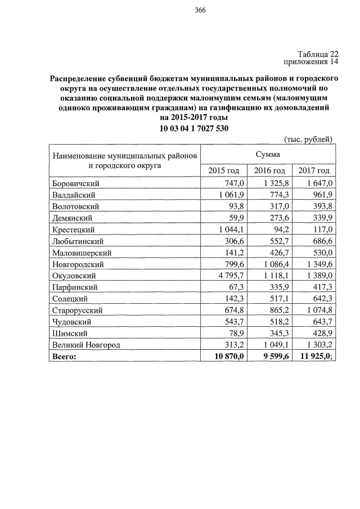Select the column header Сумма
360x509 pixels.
268,153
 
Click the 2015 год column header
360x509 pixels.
224,170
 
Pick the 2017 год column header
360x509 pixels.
314,170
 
